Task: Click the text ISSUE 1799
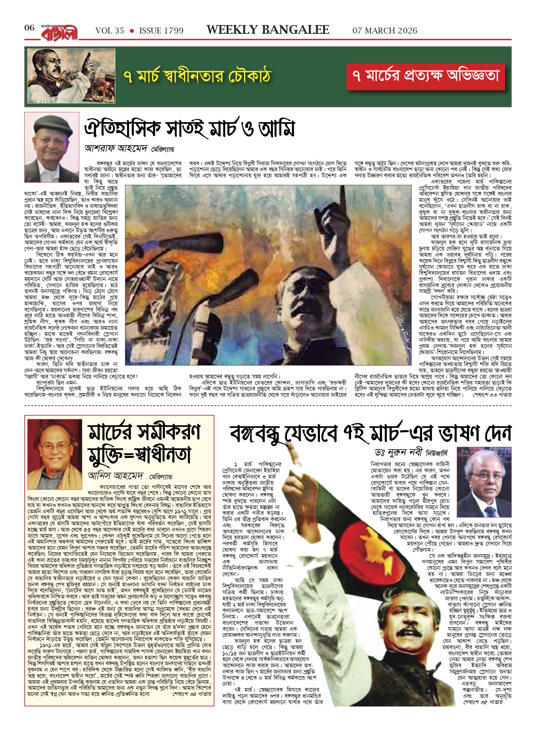pyautogui.click(x=161, y=31)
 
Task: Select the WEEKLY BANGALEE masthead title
pyautogui.click(x=268, y=30)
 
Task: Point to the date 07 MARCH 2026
pyautogui.click(x=385, y=31)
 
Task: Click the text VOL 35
pyautogui.click(x=109, y=31)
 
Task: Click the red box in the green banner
pyautogui.click(x=426, y=76)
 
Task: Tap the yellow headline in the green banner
pyautogui.click(x=197, y=76)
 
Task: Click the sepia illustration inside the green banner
pyautogui.click(x=71, y=76)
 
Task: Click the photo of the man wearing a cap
pyautogui.click(x=52, y=147)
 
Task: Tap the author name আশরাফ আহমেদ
pyautogui.click(x=117, y=149)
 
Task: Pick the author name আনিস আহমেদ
pyautogui.click(x=115, y=476)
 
